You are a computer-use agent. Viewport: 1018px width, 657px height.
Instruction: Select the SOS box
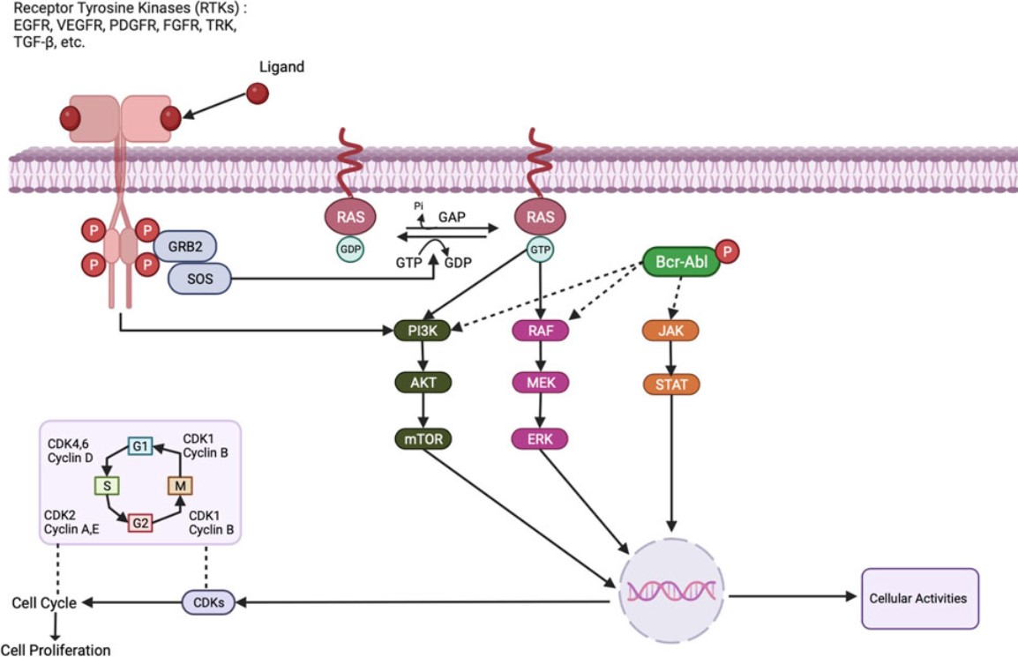pyautogui.click(x=198, y=280)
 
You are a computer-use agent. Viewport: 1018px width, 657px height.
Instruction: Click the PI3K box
pyautogui.click(x=422, y=331)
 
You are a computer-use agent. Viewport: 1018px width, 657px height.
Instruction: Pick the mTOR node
pyautogui.click(x=422, y=438)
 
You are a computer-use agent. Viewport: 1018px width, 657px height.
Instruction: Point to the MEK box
pyautogui.click(x=540, y=383)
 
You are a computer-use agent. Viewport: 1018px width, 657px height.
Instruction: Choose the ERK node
pyautogui.click(x=540, y=438)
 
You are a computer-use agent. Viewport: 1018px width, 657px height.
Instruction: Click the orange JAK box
pyautogui.click(x=672, y=331)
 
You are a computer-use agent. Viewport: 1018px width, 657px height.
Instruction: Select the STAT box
pyautogui.click(x=672, y=384)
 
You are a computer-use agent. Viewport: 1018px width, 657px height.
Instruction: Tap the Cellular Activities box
pyautogui.click(x=918, y=598)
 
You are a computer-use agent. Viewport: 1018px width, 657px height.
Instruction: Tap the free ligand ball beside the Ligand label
pyautogui.click(x=258, y=93)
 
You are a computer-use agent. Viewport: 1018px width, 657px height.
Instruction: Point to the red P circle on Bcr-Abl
pyautogui.click(x=728, y=250)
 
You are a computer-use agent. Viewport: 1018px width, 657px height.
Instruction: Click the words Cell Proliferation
pyautogui.click(x=61, y=650)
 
